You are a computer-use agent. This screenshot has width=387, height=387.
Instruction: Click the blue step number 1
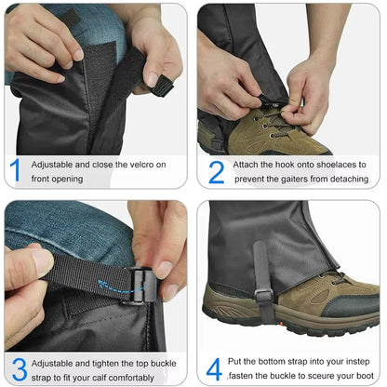pyautogui.click(x=15, y=171)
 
